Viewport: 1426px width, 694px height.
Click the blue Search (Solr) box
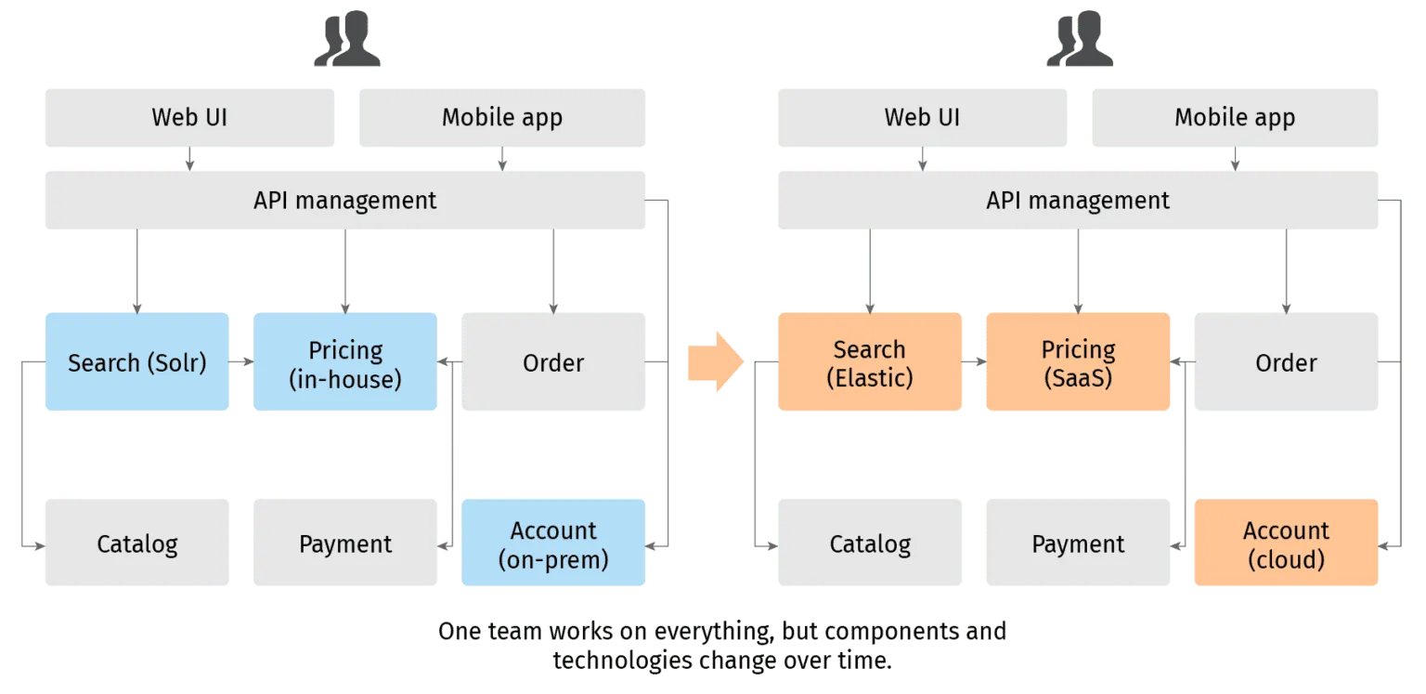tap(137, 362)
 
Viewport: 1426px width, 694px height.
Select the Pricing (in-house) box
tap(345, 362)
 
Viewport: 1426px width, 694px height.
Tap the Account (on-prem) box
tap(553, 543)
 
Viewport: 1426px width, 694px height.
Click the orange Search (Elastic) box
tap(869, 362)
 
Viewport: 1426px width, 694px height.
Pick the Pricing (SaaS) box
tap(1078, 362)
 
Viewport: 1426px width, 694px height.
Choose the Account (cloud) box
tap(1286, 543)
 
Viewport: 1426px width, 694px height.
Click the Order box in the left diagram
tap(553, 362)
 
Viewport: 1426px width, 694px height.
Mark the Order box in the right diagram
tap(1286, 362)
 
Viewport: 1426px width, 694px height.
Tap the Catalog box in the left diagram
tap(137, 543)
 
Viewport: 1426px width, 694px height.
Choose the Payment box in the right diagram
tap(1078, 543)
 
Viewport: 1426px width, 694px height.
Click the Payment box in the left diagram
tap(345, 543)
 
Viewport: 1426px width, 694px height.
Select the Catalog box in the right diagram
tap(869, 543)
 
